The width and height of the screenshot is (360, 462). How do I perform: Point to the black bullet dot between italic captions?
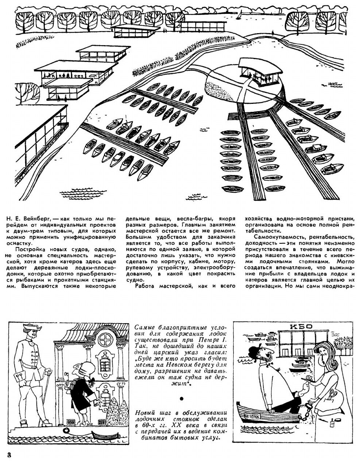[181, 398]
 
